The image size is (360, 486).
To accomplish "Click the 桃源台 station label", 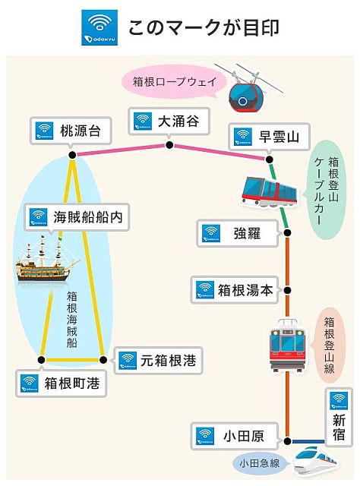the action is click(81, 131).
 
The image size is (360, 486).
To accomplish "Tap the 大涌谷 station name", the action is click(178, 121).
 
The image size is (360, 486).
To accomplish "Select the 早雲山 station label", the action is click(279, 137).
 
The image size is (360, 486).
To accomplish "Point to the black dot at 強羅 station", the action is click(287, 232).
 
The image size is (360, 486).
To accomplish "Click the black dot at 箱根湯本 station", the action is click(287, 290).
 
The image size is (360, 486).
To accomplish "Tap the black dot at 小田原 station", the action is click(287, 441).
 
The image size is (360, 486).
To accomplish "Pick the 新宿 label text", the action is click(339, 427).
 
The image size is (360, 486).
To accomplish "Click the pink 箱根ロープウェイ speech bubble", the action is click(174, 82).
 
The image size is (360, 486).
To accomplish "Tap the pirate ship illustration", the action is click(46, 259).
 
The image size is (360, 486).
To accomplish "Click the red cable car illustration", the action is click(269, 192).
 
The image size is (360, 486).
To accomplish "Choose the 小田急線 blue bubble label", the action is click(260, 463).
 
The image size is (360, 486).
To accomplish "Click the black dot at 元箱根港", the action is click(103, 360).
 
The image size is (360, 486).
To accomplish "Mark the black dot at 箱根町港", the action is click(41, 360).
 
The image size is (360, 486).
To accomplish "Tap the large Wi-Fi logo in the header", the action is click(99, 27).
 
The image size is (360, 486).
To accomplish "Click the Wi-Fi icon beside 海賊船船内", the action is click(39, 217).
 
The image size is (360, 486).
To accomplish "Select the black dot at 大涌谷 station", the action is click(169, 145).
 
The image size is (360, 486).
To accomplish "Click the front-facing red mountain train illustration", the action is click(287, 345).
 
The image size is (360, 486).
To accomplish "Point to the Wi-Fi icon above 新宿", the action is click(339, 401).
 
